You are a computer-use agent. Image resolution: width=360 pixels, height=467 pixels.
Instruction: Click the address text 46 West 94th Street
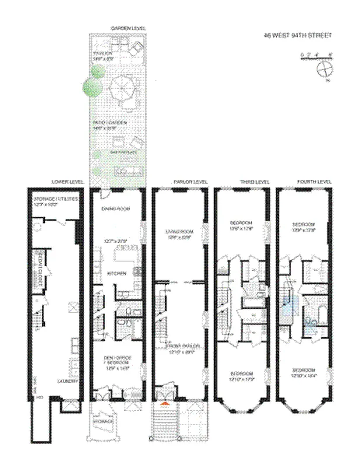point(298,36)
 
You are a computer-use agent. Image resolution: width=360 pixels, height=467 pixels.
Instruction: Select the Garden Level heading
point(128,28)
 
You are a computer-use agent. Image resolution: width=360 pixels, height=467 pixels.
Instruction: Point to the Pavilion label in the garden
point(106,53)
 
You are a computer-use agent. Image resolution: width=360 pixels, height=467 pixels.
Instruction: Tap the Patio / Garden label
point(110,123)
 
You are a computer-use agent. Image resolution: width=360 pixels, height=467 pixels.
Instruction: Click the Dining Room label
point(115,208)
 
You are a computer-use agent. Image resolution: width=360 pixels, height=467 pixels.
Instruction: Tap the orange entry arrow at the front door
point(165,402)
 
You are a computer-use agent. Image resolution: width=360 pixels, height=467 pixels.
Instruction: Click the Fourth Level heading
point(314,182)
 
